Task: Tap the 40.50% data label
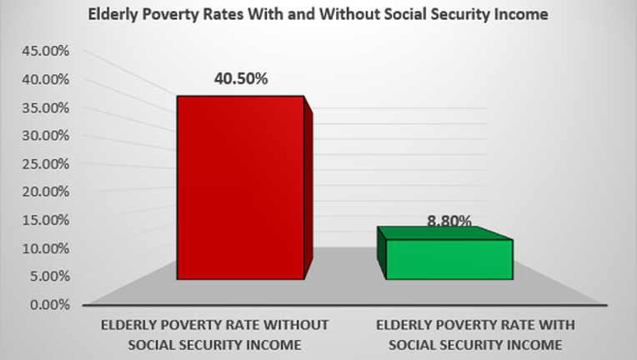241,78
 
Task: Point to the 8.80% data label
449,221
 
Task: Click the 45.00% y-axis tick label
46,51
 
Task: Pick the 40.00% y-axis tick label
46,79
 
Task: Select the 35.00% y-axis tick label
46,108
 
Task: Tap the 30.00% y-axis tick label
46,136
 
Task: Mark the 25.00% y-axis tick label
46,164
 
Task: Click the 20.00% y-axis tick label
46,192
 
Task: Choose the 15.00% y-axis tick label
46,220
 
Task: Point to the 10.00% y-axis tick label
46,248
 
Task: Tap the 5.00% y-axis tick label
49,276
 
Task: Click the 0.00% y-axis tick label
49,304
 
